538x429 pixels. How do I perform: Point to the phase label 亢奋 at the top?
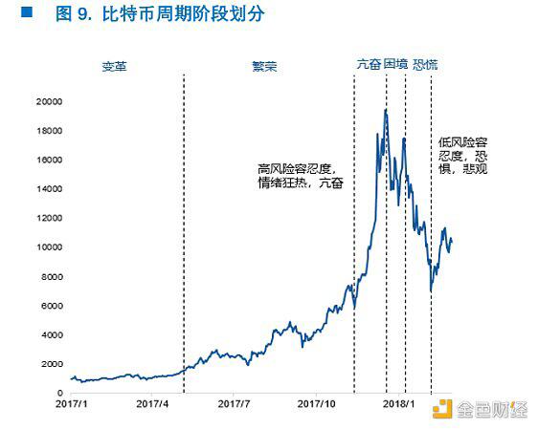point(368,66)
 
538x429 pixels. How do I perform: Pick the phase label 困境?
point(395,66)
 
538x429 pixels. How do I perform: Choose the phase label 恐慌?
point(424,66)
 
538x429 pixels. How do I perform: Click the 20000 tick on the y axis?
point(48,101)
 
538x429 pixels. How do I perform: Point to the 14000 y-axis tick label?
point(48,188)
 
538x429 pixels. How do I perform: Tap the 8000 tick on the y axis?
point(51,276)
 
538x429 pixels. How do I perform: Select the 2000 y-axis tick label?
point(51,364)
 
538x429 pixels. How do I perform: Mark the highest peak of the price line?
point(385,110)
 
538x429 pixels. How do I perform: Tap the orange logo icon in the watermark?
point(441,409)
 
